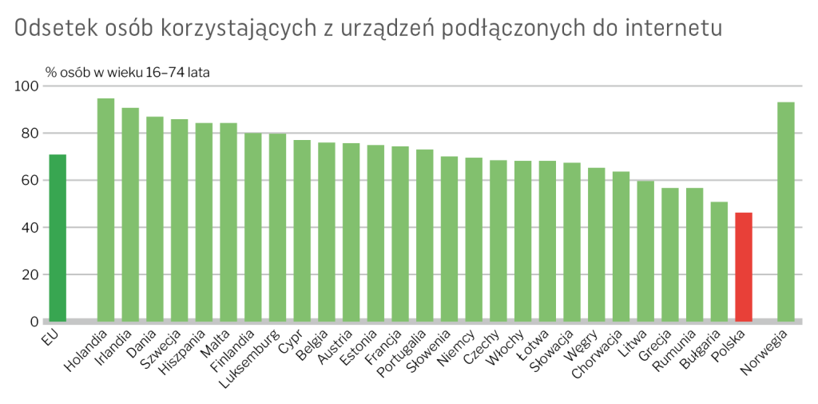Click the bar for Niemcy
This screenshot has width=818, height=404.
(474, 239)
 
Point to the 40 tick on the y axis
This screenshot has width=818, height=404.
(30, 227)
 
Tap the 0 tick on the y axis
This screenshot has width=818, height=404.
(34, 322)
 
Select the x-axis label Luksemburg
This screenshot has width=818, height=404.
(250, 356)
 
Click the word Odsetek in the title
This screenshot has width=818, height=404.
(57, 28)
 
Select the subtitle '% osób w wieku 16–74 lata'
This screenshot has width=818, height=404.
(128, 72)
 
